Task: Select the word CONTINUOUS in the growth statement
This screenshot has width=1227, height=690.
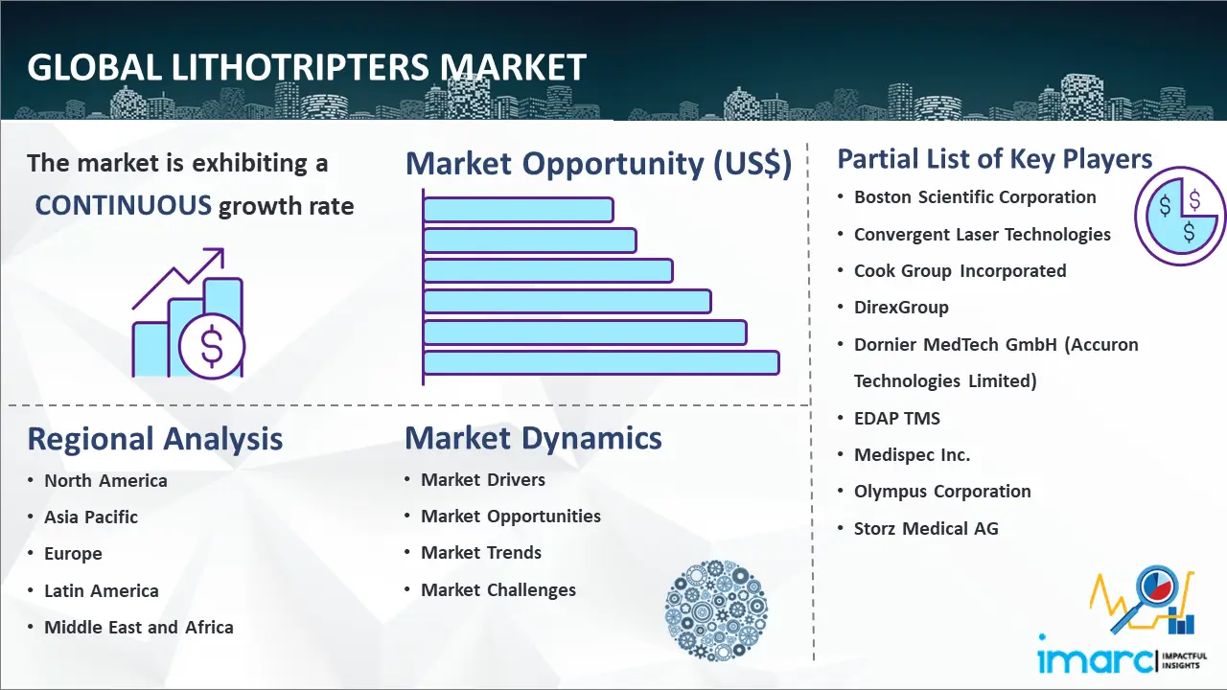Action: tap(124, 205)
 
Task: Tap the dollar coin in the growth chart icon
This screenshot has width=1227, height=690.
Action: tap(212, 347)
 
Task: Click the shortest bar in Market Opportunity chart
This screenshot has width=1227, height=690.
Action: tap(518, 209)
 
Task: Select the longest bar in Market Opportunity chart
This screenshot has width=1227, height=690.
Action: tap(601, 362)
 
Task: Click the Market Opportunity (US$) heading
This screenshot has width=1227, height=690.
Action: tap(598, 164)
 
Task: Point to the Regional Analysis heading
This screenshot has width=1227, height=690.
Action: tap(154, 439)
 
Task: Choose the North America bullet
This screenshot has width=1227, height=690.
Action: tap(105, 481)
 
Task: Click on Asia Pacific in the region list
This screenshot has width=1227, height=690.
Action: tap(91, 517)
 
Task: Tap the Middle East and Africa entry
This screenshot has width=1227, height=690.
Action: tap(139, 628)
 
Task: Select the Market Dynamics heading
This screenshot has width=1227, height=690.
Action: tap(533, 438)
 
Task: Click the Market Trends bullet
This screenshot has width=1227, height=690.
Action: tap(481, 553)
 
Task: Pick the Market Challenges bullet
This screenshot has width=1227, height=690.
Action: tap(498, 590)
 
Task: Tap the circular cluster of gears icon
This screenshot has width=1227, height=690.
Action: tap(716, 610)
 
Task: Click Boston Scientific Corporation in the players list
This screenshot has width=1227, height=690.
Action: tap(975, 197)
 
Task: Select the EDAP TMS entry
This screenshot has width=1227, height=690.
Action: tap(897, 419)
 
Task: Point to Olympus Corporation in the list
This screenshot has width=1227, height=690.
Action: tap(942, 492)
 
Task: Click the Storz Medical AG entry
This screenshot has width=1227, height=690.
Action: tap(926, 528)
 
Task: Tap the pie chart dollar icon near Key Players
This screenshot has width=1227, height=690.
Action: tap(1179, 217)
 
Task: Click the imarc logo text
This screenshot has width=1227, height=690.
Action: tap(1095, 658)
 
